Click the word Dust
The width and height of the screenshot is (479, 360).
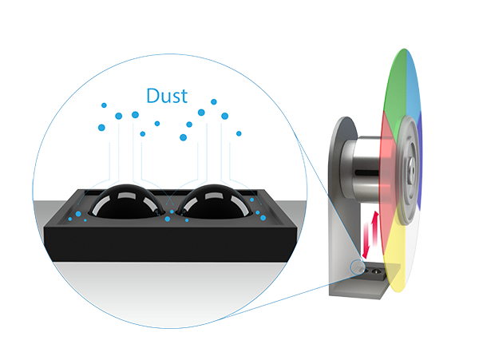tap(166, 96)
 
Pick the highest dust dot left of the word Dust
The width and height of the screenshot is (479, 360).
tap(104, 105)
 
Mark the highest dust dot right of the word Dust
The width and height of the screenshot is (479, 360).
tap(213, 101)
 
